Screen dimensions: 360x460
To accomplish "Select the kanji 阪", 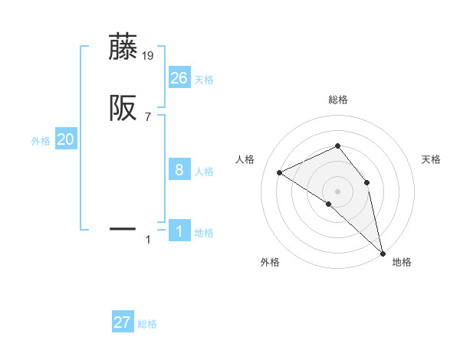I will tap(123, 109).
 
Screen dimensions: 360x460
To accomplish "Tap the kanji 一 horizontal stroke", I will tap(123, 228).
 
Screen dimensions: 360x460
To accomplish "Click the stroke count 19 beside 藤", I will tap(148, 55).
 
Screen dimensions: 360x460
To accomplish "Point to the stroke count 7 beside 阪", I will tap(148, 117).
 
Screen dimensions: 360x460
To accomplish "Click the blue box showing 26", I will tap(179, 77).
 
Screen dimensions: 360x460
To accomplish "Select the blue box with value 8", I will tap(179, 170).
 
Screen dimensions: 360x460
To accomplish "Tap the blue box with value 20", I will tap(66, 139).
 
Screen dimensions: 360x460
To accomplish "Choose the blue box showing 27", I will tap(123, 322).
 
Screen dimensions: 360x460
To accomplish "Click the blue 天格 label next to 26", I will tap(204, 80).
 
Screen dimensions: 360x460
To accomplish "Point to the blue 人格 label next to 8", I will tap(204, 172).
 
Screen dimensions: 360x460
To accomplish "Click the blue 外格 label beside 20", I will tap(41, 141).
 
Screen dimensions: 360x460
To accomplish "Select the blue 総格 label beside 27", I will tap(147, 324).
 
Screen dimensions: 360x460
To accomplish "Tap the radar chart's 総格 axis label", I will tap(337, 100).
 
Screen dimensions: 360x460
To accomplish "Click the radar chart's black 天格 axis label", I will tap(431, 159).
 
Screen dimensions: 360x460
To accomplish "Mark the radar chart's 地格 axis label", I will tap(402, 262).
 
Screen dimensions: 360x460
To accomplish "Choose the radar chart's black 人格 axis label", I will tap(245, 159).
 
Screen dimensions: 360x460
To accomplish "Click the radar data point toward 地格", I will tap(383, 252).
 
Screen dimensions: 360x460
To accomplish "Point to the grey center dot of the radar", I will tap(337, 190).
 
